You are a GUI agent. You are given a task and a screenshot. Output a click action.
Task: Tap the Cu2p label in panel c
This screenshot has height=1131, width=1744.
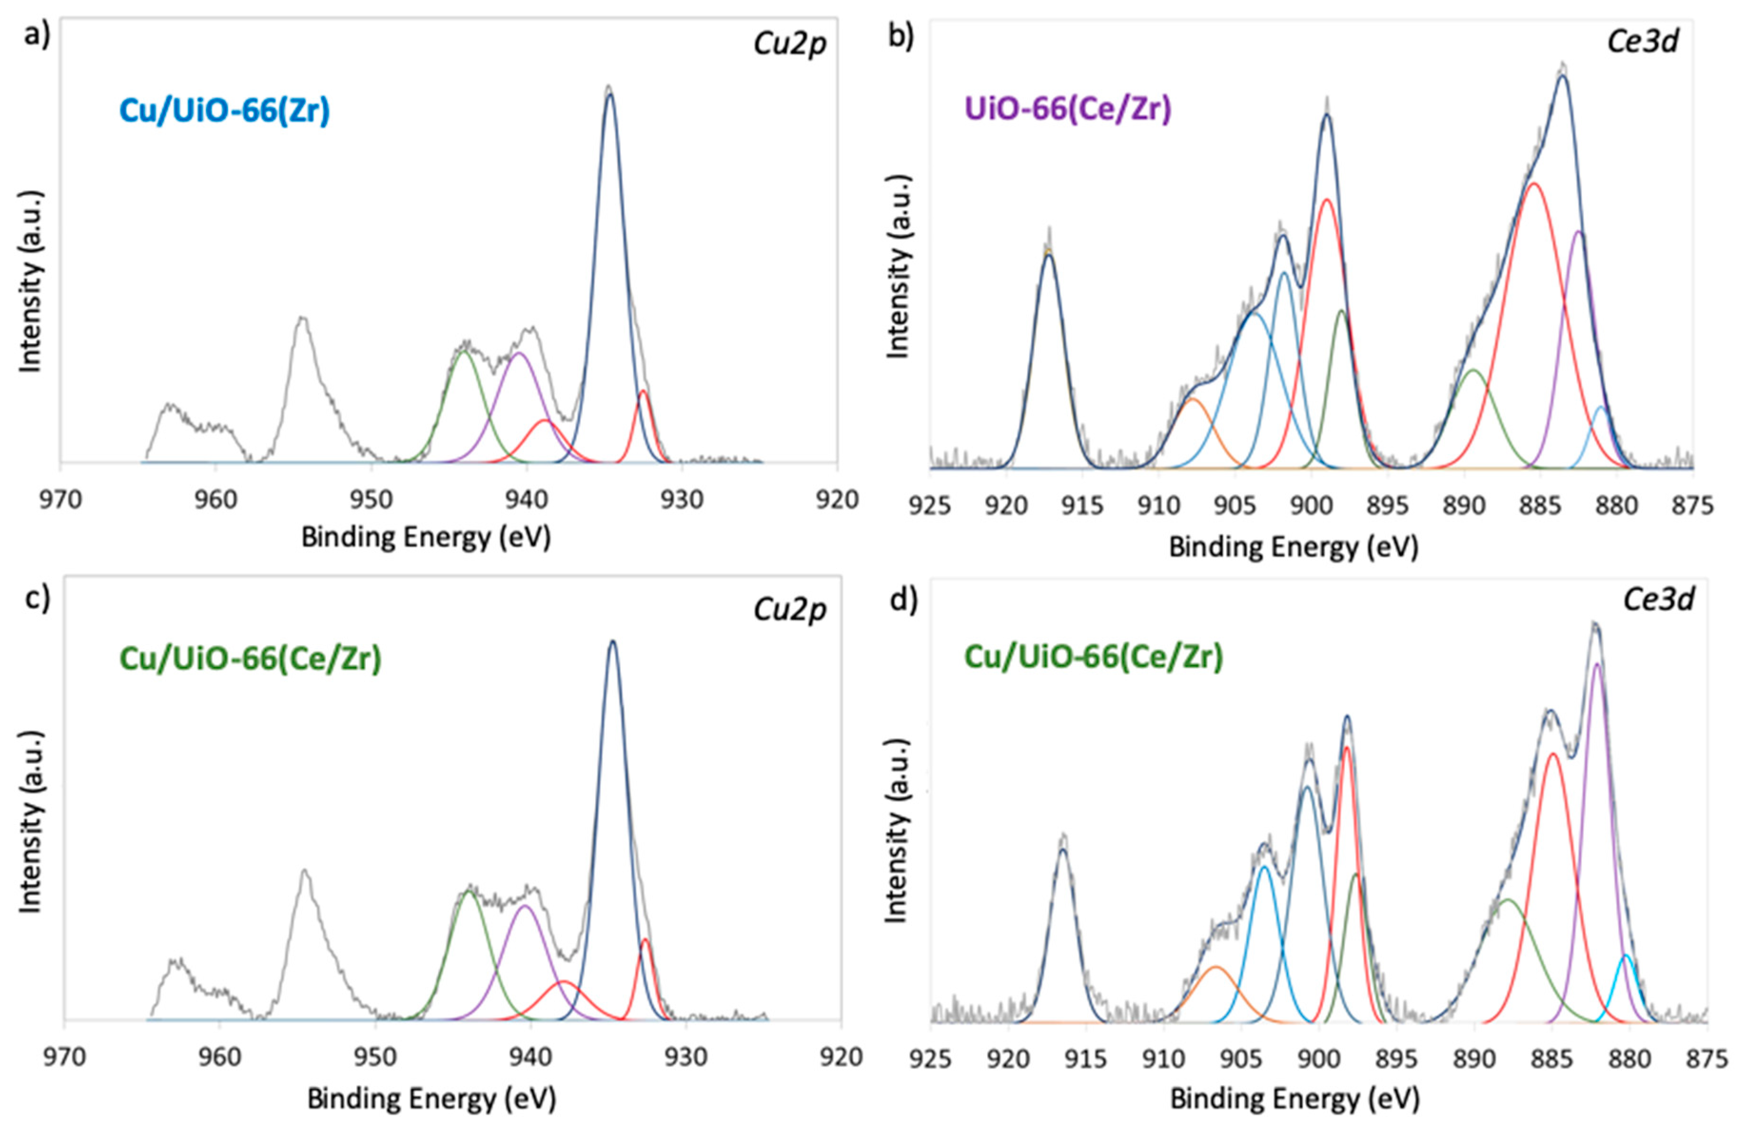click(789, 609)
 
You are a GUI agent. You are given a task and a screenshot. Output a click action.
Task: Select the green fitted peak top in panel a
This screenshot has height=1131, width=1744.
click(463, 352)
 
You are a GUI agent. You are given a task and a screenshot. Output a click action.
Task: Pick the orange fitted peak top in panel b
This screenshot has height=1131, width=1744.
click(1192, 399)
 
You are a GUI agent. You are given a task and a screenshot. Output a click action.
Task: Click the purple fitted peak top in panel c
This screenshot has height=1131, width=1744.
click(525, 906)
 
